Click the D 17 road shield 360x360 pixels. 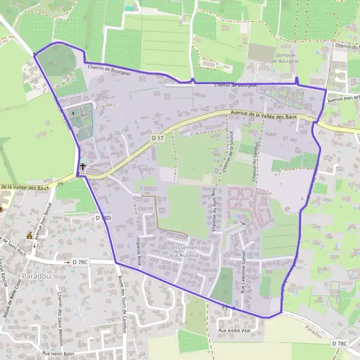158,138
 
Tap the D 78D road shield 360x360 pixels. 103,218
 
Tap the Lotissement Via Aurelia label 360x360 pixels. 185,251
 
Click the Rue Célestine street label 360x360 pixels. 244,273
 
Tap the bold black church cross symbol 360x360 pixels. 82,166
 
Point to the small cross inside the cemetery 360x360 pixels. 74,112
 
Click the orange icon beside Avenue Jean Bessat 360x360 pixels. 29,235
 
